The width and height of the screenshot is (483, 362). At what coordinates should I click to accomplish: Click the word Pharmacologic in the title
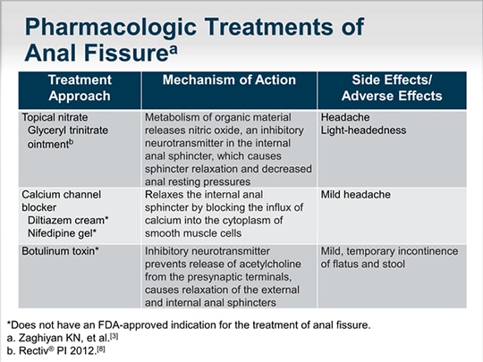(x=111, y=27)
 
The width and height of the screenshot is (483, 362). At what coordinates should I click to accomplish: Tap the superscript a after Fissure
(x=174, y=49)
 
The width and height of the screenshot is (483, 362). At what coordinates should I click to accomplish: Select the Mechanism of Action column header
(x=229, y=80)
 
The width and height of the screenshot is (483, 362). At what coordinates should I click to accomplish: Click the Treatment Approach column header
(x=80, y=88)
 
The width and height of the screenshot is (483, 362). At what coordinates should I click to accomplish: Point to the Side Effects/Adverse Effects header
(x=392, y=88)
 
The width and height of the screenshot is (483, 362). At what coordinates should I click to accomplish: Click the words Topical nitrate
(x=55, y=117)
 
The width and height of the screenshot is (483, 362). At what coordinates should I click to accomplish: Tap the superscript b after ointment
(x=72, y=142)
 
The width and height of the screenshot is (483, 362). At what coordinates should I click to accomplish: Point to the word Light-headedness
(x=363, y=130)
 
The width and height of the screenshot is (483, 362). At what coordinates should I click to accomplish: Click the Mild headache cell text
(x=356, y=195)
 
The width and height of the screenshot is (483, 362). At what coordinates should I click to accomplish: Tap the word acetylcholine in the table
(x=270, y=264)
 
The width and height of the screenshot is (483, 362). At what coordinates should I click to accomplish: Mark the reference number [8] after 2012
(x=101, y=349)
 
